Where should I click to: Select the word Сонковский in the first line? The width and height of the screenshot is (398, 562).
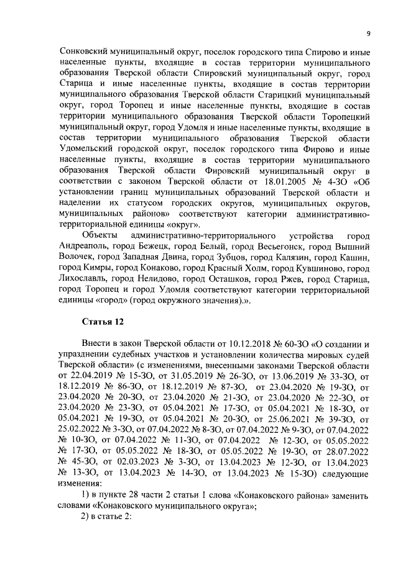83,52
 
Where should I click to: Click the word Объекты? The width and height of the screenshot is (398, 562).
100,236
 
